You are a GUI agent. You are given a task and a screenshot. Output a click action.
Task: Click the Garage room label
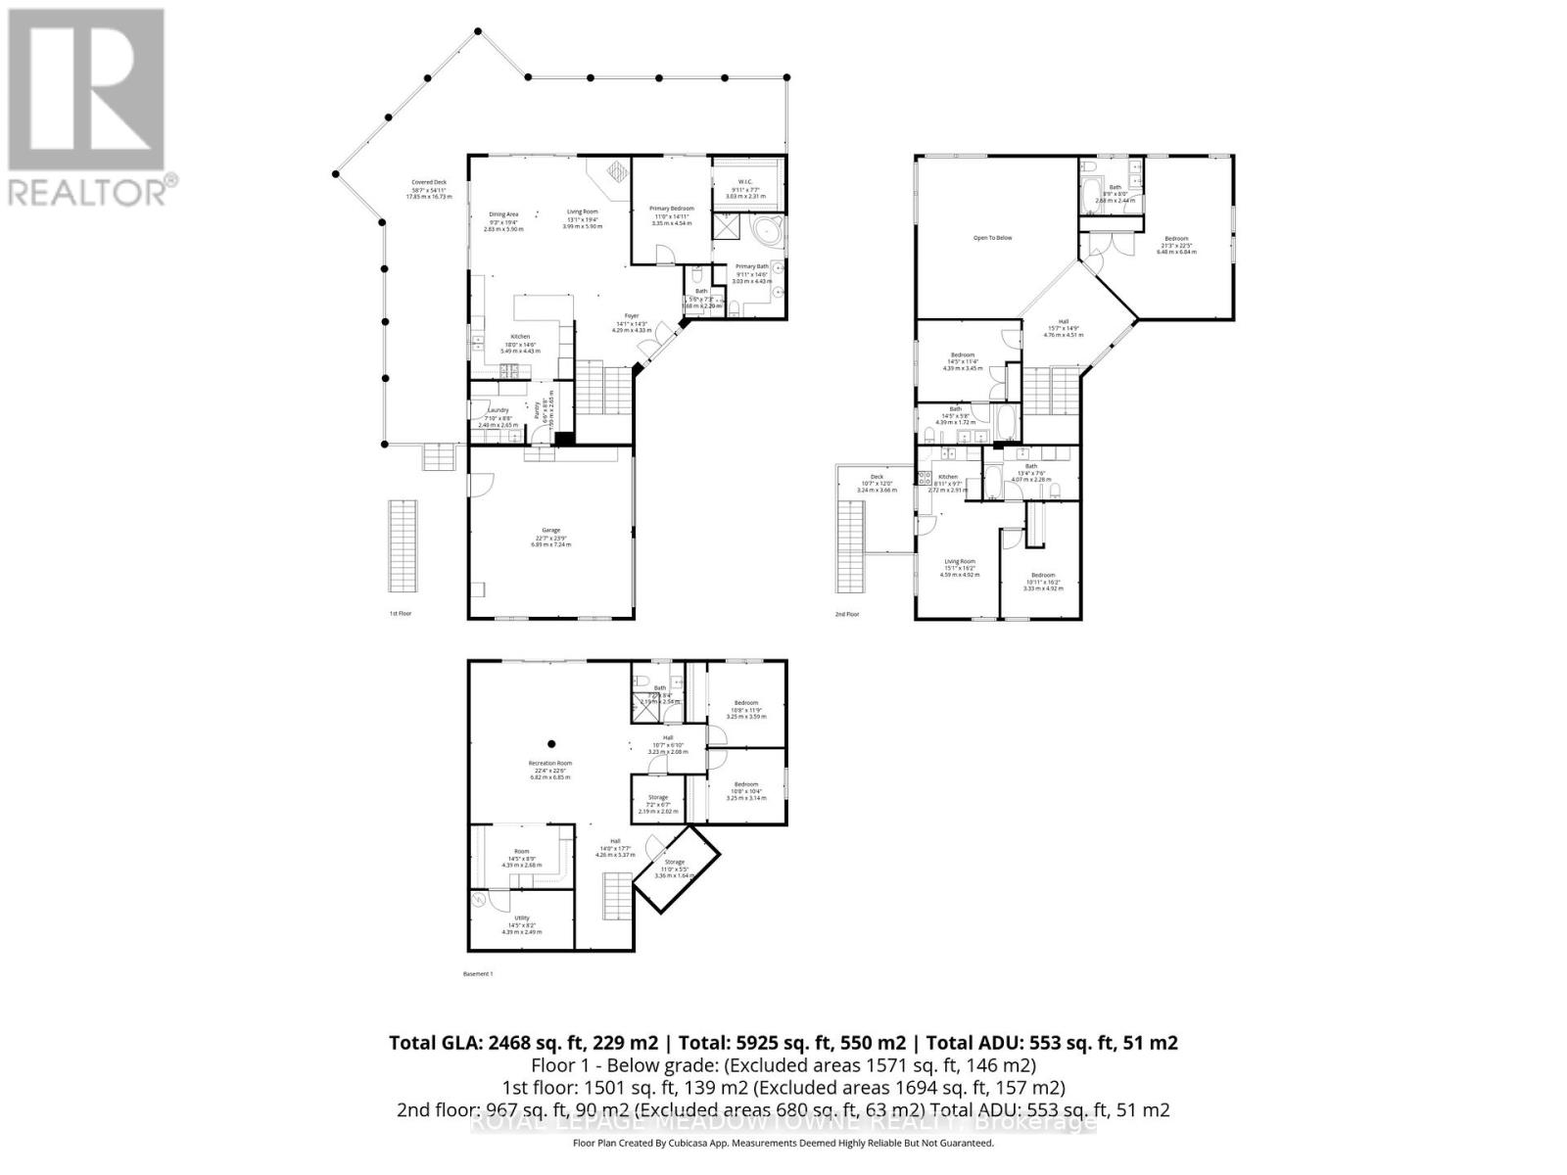550,530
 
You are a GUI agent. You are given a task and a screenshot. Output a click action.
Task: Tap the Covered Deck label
429,182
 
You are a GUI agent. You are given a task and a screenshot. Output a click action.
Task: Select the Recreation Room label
550,763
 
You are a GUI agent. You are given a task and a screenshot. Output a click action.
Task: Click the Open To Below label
992,238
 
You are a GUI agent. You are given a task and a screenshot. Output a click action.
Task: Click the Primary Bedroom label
672,209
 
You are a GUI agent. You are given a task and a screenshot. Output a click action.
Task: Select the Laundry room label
498,410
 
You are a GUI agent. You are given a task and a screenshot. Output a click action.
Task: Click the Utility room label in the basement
521,917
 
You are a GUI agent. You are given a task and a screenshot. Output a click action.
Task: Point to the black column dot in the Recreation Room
551,742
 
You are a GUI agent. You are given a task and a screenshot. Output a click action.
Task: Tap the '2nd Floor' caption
846,614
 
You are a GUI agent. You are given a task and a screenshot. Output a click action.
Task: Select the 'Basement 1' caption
478,974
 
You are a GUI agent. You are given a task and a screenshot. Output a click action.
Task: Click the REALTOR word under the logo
88,191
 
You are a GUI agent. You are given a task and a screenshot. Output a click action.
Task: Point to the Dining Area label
503,214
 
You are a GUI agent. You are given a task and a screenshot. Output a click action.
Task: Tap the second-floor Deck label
877,477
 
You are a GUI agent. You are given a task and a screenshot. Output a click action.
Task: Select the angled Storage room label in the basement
674,862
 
